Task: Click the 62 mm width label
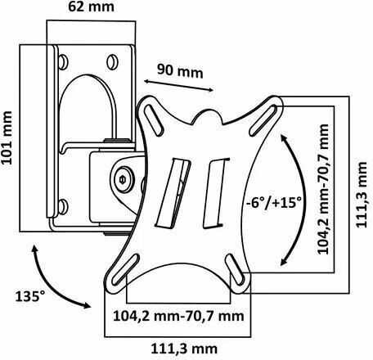tap(91, 7)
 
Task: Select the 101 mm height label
tap(7, 137)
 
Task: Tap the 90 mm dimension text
tap(180, 71)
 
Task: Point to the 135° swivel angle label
tap(29, 296)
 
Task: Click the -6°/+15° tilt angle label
tap(274, 203)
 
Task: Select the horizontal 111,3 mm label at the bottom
tap(184, 349)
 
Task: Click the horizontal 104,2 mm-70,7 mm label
tap(178, 317)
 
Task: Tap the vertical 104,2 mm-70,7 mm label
tap(323, 189)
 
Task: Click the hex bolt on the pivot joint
tap(122, 179)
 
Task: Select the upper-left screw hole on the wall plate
tap(63, 62)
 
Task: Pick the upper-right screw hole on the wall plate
tap(112, 62)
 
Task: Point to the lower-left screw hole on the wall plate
tap(63, 206)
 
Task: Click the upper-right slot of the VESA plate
tap(264, 120)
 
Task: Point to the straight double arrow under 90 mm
tap(178, 86)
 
